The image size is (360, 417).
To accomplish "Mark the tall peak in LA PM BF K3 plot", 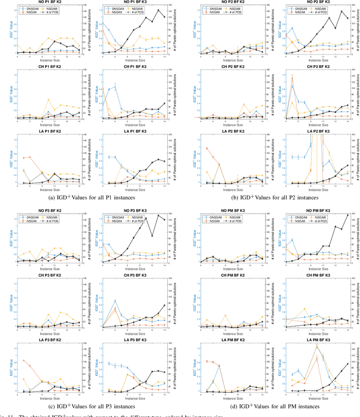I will coord(316,346).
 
